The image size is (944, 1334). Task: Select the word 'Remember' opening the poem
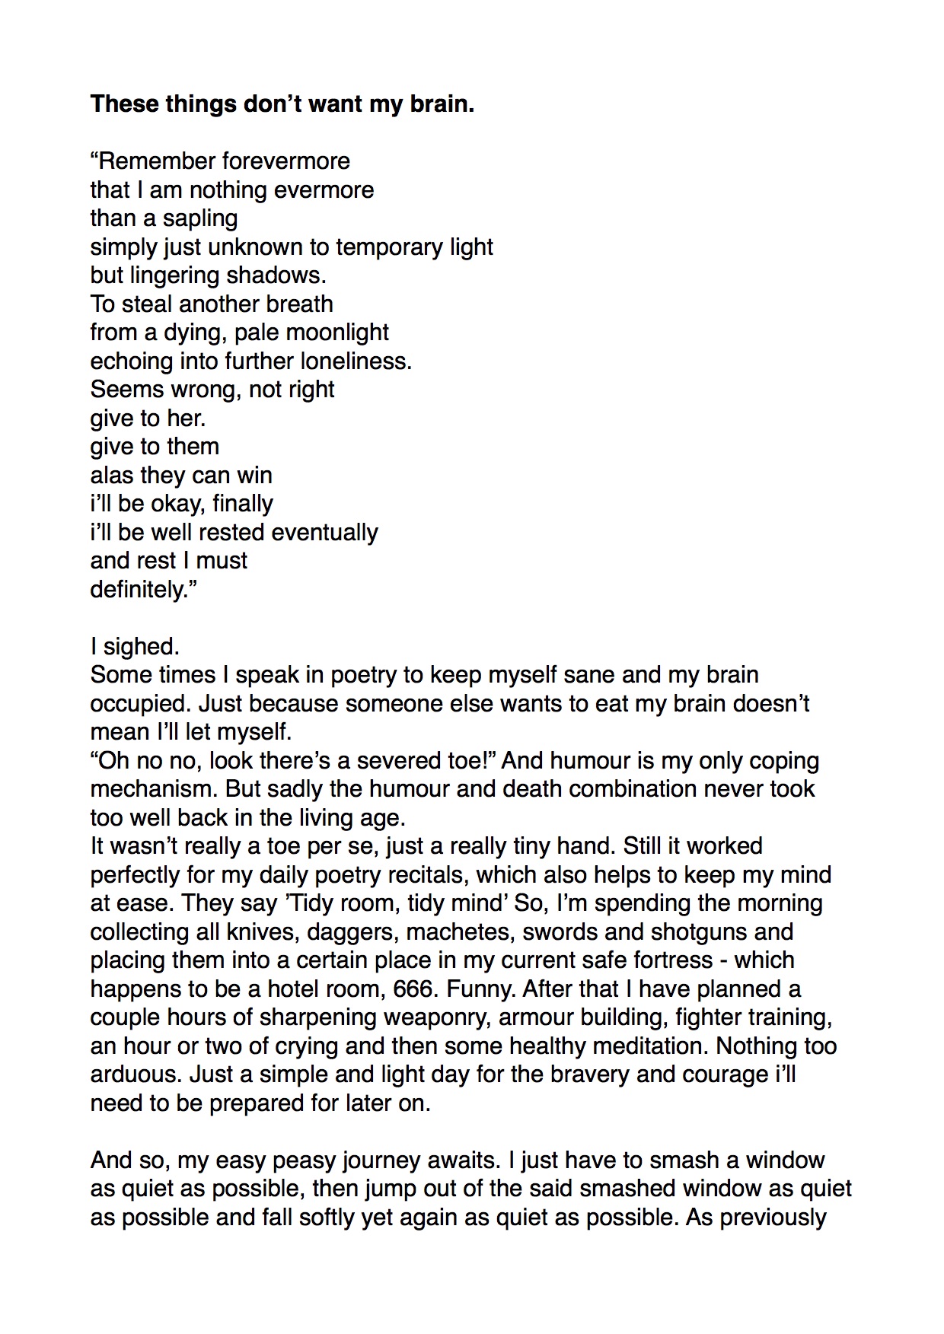(155, 161)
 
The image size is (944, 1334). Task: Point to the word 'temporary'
(387, 247)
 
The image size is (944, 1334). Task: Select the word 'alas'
(111, 476)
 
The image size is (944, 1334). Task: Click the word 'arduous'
(133, 1075)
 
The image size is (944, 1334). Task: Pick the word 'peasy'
(304, 1160)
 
